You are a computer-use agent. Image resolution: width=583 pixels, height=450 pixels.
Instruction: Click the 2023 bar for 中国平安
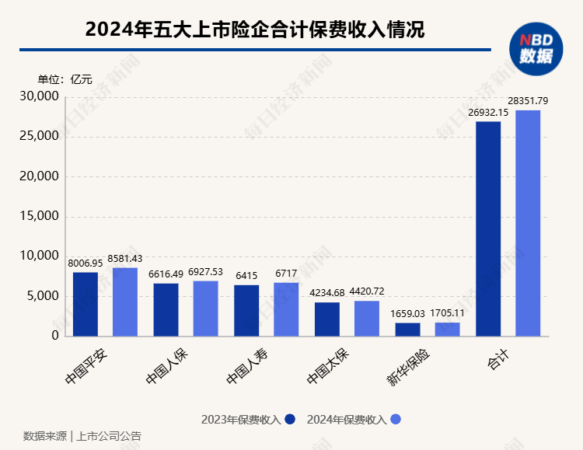pyautogui.click(x=86, y=304)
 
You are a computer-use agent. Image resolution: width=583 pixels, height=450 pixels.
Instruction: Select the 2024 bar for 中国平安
pyautogui.click(x=125, y=302)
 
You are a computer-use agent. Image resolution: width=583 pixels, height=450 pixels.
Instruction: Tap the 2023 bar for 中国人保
pyautogui.click(x=166, y=309)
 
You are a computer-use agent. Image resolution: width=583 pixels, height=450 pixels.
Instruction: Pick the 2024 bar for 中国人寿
pyautogui.click(x=286, y=309)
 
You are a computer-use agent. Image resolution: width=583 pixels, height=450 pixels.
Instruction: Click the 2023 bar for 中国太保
pyautogui.click(x=327, y=319)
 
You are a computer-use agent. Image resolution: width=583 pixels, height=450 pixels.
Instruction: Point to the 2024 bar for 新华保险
pyautogui.click(x=447, y=329)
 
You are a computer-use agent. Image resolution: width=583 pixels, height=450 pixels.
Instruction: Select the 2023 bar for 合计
pyautogui.click(x=488, y=228)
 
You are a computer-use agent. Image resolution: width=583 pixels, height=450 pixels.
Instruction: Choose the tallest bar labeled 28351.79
pyautogui.click(x=528, y=223)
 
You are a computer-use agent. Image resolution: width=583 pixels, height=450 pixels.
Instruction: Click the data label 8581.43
pyautogui.click(x=125, y=258)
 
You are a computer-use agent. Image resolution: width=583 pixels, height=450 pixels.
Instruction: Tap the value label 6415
pyautogui.click(x=246, y=275)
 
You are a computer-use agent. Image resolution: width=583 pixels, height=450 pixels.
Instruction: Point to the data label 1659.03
pyautogui.click(x=407, y=313)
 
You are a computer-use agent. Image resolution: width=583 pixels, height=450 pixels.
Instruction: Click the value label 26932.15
pyautogui.click(x=488, y=112)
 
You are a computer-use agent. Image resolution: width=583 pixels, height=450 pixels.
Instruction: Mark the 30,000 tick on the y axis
pyautogui.click(x=38, y=96)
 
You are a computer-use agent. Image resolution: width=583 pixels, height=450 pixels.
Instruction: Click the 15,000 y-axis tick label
pyautogui.click(x=38, y=216)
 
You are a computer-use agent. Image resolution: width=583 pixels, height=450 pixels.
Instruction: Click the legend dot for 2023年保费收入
pyautogui.click(x=290, y=420)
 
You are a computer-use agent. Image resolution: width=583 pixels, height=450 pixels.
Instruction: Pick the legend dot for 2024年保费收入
pyautogui.click(x=396, y=420)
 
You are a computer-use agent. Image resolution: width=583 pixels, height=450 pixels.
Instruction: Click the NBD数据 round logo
pyautogui.click(x=536, y=48)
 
